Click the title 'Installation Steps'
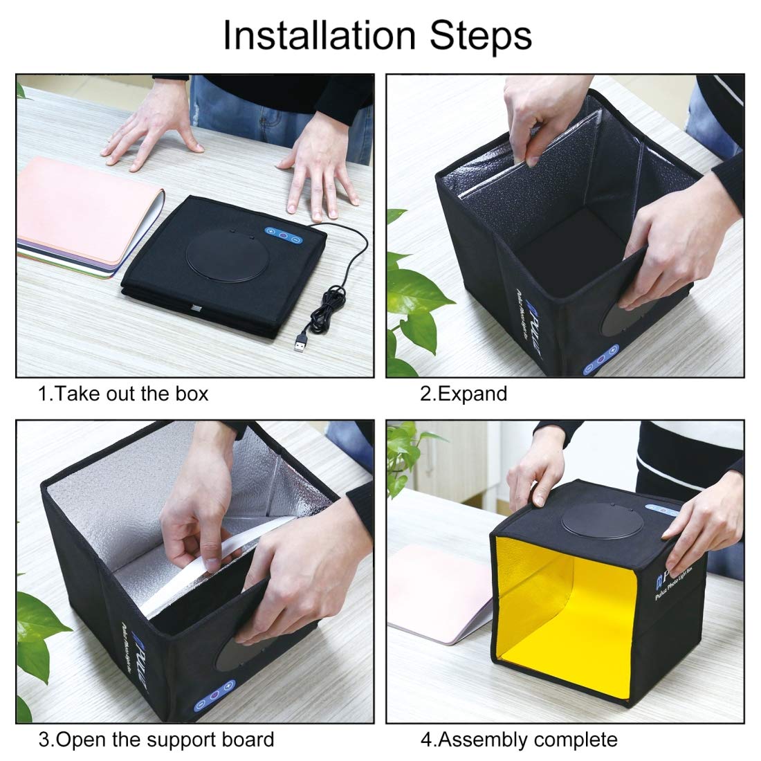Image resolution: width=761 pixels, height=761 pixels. pos(377,35)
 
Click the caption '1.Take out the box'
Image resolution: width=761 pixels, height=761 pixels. pos(123,394)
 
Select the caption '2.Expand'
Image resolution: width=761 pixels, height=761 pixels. pos(464,394)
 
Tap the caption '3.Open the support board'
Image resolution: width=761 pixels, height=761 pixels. pos(156,740)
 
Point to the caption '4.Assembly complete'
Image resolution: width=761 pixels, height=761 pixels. pos(519,740)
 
